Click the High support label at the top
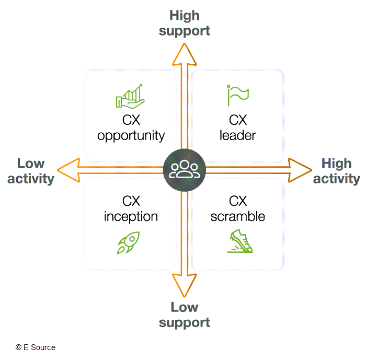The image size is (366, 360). tap(184, 23)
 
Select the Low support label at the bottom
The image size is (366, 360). tap(184, 315)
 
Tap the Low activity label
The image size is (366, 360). tap(31, 171)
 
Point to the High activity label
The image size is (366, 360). tap(336, 171)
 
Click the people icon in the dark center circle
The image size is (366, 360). tap(184, 169)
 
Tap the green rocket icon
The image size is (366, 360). tap(129, 242)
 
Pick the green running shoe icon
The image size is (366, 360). tap(239, 242)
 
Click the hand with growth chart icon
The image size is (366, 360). tap(130, 96)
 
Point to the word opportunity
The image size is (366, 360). tap(131, 136)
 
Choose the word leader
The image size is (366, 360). tap(238, 136)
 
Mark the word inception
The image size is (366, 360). tap(131, 216)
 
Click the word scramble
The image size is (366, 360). tap(238, 216)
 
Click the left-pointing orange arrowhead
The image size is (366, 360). tap(68, 169)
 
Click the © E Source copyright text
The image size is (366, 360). tap(35, 347)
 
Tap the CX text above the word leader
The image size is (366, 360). tap(238, 121)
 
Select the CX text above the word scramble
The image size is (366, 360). tap(238, 201)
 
